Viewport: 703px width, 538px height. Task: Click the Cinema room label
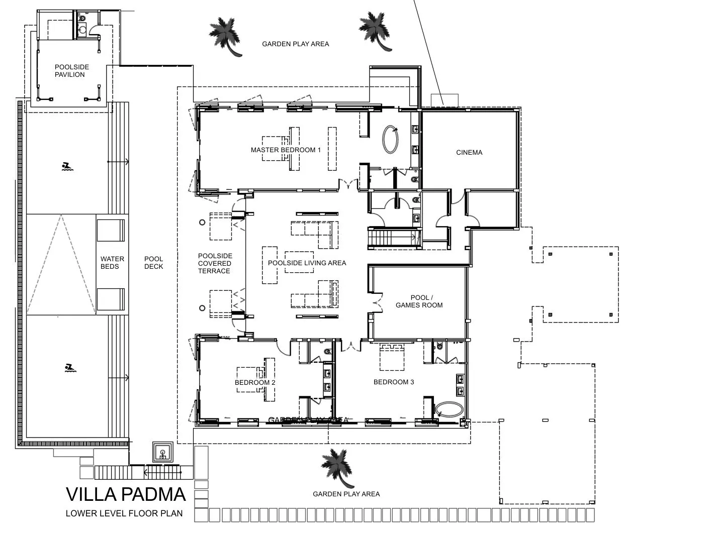pos(469,152)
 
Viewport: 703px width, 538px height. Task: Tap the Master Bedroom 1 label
pos(286,150)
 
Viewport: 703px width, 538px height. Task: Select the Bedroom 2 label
pos(255,382)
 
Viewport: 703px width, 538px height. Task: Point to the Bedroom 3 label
pos(394,382)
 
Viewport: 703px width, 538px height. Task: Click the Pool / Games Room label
pos(419,301)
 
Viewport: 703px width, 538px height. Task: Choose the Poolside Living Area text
pos(307,263)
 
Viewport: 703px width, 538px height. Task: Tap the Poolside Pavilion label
pos(71,71)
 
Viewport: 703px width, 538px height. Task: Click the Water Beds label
pos(112,263)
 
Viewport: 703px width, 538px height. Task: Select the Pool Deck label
pos(153,263)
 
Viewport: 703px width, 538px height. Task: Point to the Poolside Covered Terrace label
pos(214,263)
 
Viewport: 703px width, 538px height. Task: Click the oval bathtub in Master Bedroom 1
pos(391,139)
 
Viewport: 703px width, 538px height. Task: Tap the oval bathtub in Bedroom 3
pos(449,409)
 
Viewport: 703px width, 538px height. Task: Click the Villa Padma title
pos(126,494)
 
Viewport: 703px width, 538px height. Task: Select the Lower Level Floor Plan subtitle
pos(124,513)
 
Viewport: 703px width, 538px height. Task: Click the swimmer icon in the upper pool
pos(66,167)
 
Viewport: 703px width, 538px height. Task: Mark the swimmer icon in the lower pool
pos(70,368)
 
